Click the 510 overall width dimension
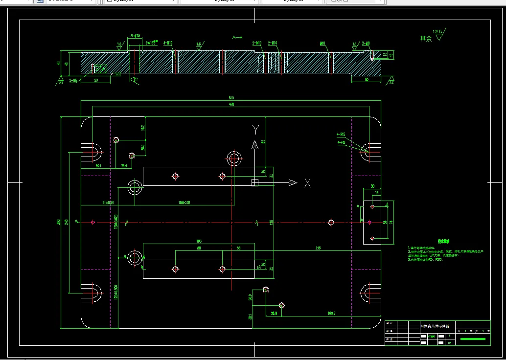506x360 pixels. (231, 98)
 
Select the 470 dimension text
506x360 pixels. (231, 104)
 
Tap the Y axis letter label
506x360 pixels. (255, 129)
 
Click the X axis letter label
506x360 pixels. (307, 183)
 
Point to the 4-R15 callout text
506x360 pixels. (341, 134)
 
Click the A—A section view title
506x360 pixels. (237, 37)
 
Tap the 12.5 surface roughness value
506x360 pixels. (437, 32)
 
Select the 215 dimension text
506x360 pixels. (318, 248)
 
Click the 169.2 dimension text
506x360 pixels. (332, 313)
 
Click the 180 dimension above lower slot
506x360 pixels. (199, 241)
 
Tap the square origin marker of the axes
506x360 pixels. (254, 183)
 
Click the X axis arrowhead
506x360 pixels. (293, 183)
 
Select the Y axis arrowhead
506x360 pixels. (254, 145)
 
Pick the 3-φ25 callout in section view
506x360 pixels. (136, 36)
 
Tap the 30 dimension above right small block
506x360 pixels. (372, 186)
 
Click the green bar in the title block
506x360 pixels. (473, 338)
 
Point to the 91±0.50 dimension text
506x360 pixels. (108, 202)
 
